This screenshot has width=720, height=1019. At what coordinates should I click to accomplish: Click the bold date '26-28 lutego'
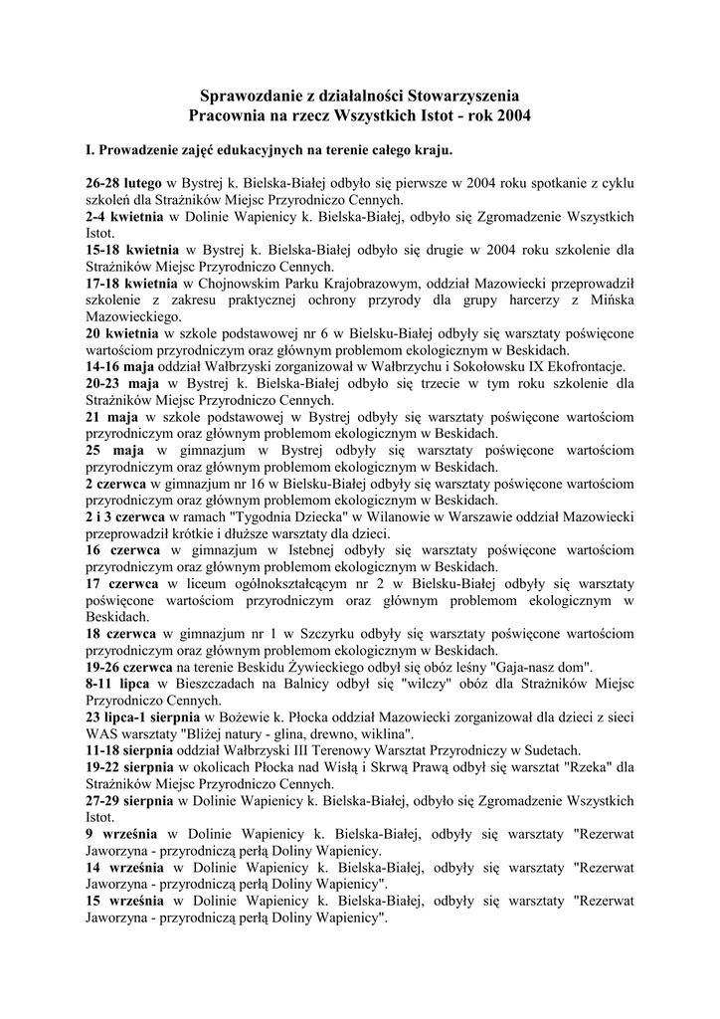tap(123, 184)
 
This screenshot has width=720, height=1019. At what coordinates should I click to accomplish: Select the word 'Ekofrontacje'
tap(582, 366)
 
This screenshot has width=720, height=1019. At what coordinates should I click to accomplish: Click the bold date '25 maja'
tap(115, 450)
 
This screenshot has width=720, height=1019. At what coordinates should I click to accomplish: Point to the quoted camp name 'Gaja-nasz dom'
tap(542, 667)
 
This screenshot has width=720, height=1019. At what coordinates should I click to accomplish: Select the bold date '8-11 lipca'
tap(117, 684)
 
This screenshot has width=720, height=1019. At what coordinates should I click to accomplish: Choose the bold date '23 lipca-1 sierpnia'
tap(143, 716)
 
